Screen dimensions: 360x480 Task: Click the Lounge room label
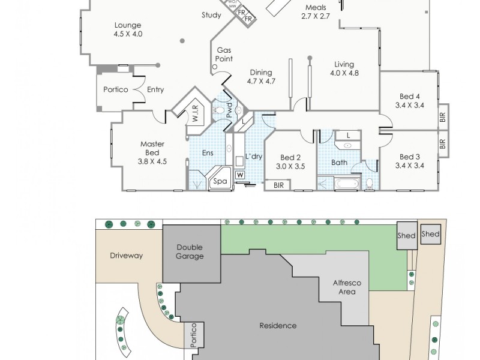click(127, 30)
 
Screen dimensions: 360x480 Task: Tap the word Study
click(211, 16)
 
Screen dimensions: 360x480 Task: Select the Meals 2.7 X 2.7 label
click(316, 12)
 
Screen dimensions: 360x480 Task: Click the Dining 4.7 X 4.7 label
click(262, 76)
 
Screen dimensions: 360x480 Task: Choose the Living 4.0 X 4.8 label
click(344, 68)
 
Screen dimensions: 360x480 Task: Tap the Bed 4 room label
click(410, 100)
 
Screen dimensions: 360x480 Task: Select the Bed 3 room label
click(410, 160)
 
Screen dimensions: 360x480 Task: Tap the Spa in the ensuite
click(221, 181)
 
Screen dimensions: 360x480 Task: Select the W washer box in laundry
click(240, 175)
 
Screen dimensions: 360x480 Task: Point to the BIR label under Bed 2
click(278, 185)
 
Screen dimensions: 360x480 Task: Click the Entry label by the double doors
click(155, 90)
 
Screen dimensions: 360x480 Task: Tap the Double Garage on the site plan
click(189, 251)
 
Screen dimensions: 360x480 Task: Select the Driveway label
click(126, 256)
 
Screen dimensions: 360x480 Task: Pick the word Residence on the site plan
click(278, 326)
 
